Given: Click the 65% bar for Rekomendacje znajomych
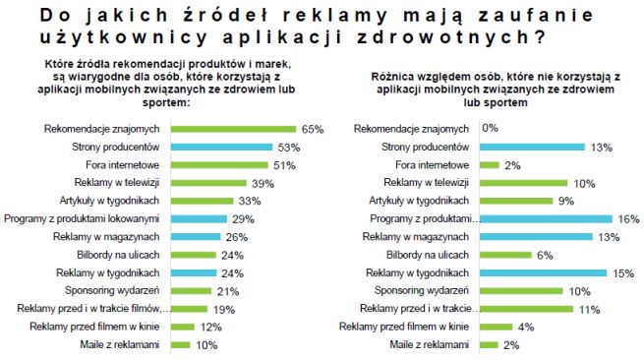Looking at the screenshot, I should pos(233,129).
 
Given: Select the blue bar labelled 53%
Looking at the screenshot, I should pos(223,147).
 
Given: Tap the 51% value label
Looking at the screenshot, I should pos(285,165).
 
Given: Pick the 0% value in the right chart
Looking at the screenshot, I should pos(489,129).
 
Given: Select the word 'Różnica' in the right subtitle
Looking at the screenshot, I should pos(393,76).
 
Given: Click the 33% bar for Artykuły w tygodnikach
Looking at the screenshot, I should pos(204,201).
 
